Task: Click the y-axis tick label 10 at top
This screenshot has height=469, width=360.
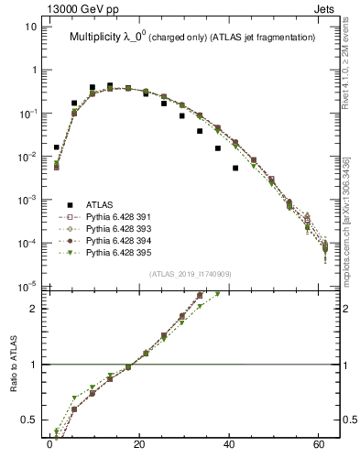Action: (x=30, y=27)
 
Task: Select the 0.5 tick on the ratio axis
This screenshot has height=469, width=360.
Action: (x=27, y=420)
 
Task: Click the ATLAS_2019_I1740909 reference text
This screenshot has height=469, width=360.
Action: (x=190, y=275)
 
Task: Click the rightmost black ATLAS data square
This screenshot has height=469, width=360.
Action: (x=235, y=168)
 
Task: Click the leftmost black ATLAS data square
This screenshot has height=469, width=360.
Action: (x=57, y=147)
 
